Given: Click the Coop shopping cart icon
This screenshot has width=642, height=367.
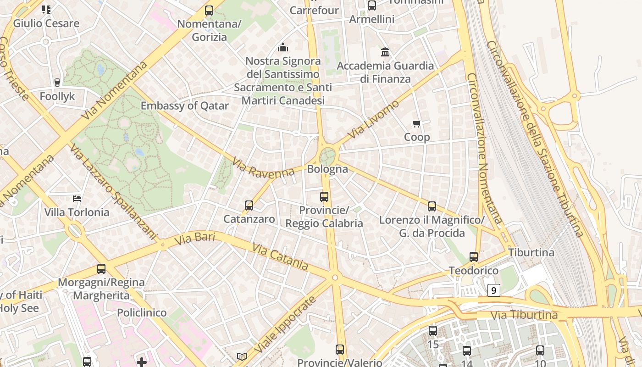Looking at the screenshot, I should coord(416,123).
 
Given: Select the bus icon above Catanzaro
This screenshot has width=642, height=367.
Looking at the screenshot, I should coord(249,206).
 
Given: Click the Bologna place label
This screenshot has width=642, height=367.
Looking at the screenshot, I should coord(327,169).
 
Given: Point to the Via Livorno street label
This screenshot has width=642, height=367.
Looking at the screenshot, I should coord(373,120).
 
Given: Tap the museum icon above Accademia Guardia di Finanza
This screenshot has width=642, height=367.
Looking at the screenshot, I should coord(385,52).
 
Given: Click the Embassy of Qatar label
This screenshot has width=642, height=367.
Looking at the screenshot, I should coord(184,106).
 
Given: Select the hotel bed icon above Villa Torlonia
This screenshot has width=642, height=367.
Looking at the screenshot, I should coord(77,199).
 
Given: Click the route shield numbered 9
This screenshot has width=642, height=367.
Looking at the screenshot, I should coord(493,290).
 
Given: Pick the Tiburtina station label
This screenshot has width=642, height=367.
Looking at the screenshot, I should coord(531,252).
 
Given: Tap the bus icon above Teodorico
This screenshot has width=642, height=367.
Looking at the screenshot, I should coord(474,257).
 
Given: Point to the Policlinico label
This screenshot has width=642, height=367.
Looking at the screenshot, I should coord(142,312).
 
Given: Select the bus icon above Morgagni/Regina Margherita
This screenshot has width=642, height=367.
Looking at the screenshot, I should coord(101,269).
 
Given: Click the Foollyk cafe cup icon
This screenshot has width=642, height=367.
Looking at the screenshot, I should coord(57,83).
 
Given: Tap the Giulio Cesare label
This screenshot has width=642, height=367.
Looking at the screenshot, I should coord(46,23).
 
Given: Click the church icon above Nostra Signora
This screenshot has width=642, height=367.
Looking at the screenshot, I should coord(283,47).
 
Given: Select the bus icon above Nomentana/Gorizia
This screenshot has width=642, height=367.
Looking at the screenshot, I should coord(209,10).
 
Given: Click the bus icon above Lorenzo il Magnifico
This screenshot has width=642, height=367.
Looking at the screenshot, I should coord(432,206).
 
